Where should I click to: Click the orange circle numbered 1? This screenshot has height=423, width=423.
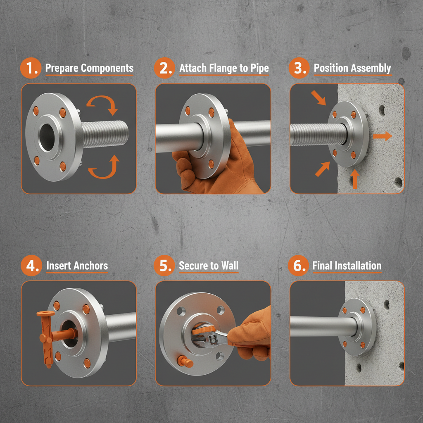(x=31, y=69)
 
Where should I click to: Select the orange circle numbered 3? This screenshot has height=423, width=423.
(x=299, y=69)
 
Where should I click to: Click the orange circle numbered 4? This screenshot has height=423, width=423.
(x=31, y=266)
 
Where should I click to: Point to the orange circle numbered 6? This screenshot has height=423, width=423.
(x=299, y=266)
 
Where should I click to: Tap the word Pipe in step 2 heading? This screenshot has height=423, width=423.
(x=258, y=68)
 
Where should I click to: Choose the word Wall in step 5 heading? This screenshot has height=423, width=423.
(x=229, y=266)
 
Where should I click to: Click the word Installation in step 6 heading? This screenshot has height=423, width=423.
(x=358, y=266)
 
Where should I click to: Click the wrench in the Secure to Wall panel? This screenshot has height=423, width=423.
(x=213, y=336)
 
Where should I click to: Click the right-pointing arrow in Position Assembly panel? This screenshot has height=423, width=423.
(x=382, y=136)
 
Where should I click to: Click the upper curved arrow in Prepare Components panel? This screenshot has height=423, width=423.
(x=103, y=104)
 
